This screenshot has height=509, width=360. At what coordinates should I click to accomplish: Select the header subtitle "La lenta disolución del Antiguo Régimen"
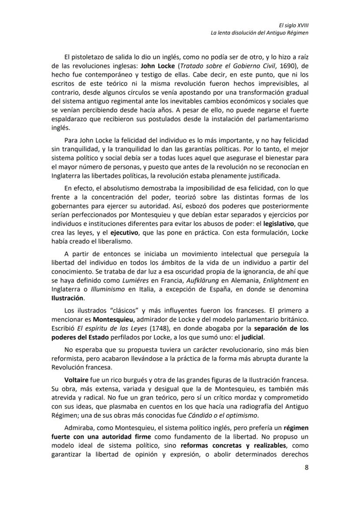pos(260,33)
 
